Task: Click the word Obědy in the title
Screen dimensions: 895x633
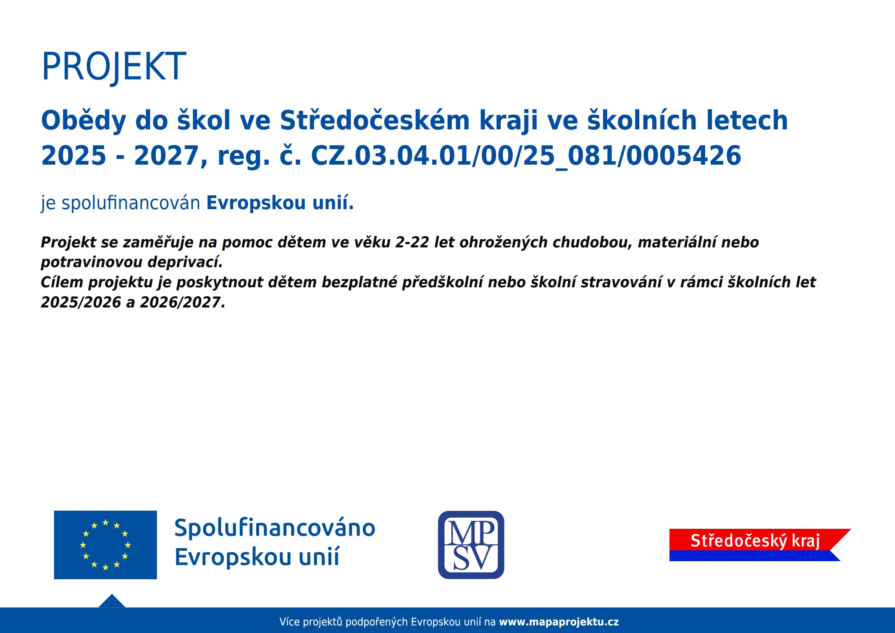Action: pos(84,121)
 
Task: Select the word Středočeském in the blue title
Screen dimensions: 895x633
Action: pos(375,121)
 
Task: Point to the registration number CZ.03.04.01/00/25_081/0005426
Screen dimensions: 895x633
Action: pos(526,156)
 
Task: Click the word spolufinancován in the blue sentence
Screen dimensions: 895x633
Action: pos(131,203)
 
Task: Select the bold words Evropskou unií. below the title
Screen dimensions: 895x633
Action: pos(280,203)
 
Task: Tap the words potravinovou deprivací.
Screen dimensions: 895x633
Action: pos(131,263)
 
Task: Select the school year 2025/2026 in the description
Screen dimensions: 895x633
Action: pos(81,302)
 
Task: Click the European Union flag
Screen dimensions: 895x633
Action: pos(105,545)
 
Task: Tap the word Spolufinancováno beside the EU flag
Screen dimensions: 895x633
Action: pos(275,528)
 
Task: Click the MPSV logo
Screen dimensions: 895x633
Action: pos(471,545)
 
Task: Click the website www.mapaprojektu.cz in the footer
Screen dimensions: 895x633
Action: pos(559,622)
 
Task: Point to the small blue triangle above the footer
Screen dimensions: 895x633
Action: pos(112,601)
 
